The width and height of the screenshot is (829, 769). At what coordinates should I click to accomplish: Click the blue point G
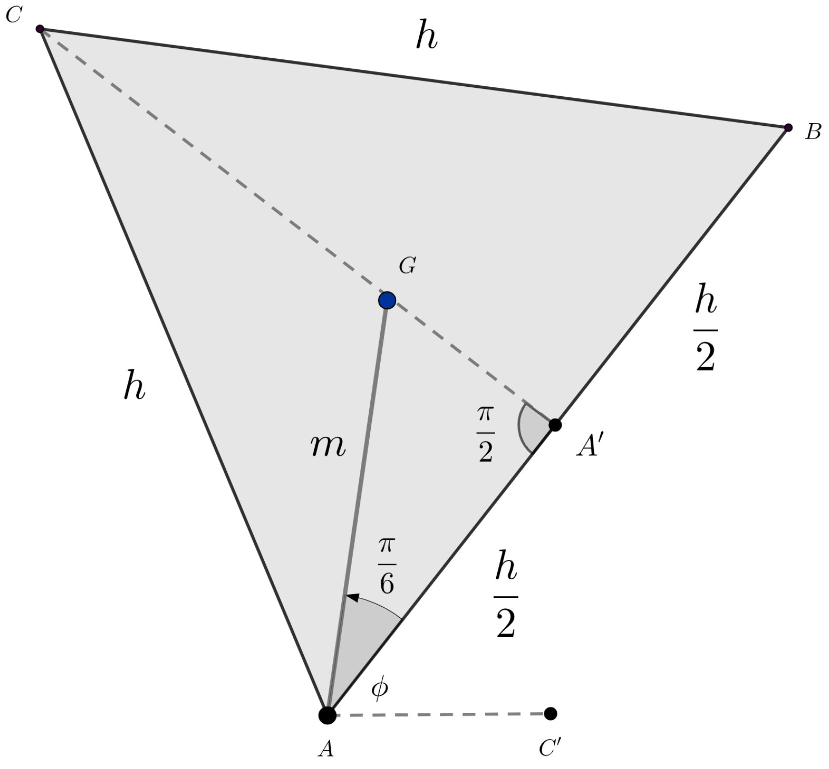click(x=387, y=300)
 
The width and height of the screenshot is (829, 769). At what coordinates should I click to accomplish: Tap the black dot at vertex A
click(x=327, y=715)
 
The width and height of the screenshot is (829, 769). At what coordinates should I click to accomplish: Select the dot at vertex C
click(x=40, y=29)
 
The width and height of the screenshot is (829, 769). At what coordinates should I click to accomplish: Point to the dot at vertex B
click(x=788, y=127)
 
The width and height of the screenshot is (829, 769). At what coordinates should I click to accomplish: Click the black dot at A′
click(x=555, y=425)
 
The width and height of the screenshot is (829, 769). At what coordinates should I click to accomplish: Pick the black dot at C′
click(x=550, y=713)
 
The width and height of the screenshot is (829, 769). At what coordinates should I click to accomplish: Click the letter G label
click(x=407, y=266)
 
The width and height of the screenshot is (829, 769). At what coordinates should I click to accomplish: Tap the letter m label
click(x=328, y=446)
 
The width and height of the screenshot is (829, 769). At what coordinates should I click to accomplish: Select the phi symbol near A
click(x=380, y=689)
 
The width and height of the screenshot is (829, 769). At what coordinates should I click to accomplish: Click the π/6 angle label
click(x=386, y=566)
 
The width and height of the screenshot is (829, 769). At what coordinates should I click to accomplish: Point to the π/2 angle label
click(x=485, y=434)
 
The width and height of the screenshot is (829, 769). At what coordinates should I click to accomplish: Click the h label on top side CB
click(x=426, y=37)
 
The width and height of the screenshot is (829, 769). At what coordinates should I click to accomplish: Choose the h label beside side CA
click(x=134, y=388)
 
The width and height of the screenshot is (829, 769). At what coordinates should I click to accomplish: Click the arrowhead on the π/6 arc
click(x=352, y=597)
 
